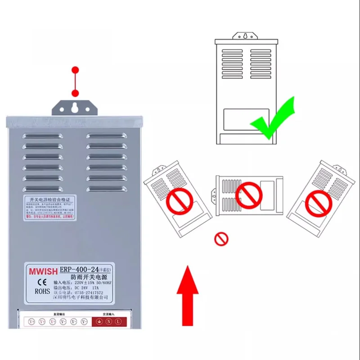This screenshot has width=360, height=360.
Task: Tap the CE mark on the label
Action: tap(40, 282)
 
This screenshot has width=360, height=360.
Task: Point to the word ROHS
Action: tap(40, 291)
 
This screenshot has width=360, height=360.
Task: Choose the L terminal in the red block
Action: tap(118, 322)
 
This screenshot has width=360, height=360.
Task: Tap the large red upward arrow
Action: tap(188, 295)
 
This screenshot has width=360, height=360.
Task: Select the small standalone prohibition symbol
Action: tap(221, 238)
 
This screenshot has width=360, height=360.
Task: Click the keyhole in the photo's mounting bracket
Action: tap(75, 108)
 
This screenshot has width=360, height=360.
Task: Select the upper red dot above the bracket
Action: tap(75, 70)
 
